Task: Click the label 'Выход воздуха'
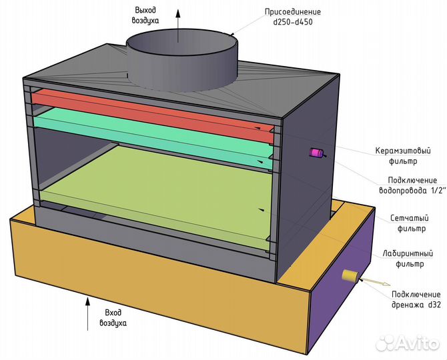pyautogui.click(x=145, y=15)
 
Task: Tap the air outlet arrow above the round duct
pyautogui.click(x=178, y=25)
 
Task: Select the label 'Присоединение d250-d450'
pyautogui.click(x=293, y=17)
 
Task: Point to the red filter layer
pyautogui.click(x=153, y=115)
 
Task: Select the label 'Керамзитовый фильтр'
pyautogui.click(x=403, y=156)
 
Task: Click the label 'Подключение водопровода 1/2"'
pyautogui.click(x=412, y=185)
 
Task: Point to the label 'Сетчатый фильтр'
pyautogui.click(x=410, y=223)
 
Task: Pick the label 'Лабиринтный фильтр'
pyautogui.click(x=408, y=258)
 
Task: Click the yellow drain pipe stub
pyautogui.click(x=350, y=276)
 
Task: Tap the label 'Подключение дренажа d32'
pyautogui.click(x=416, y=299)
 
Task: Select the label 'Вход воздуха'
pyautogui.click(x=113, y=318)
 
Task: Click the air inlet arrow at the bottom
pyautogui.click(x=88, y=314)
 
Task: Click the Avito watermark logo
pyautogui.click(x=408, y=343)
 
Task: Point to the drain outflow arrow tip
pyautogui.click(x=390, y=284)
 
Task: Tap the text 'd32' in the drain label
pyautogui.click(x=434, y=305)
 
